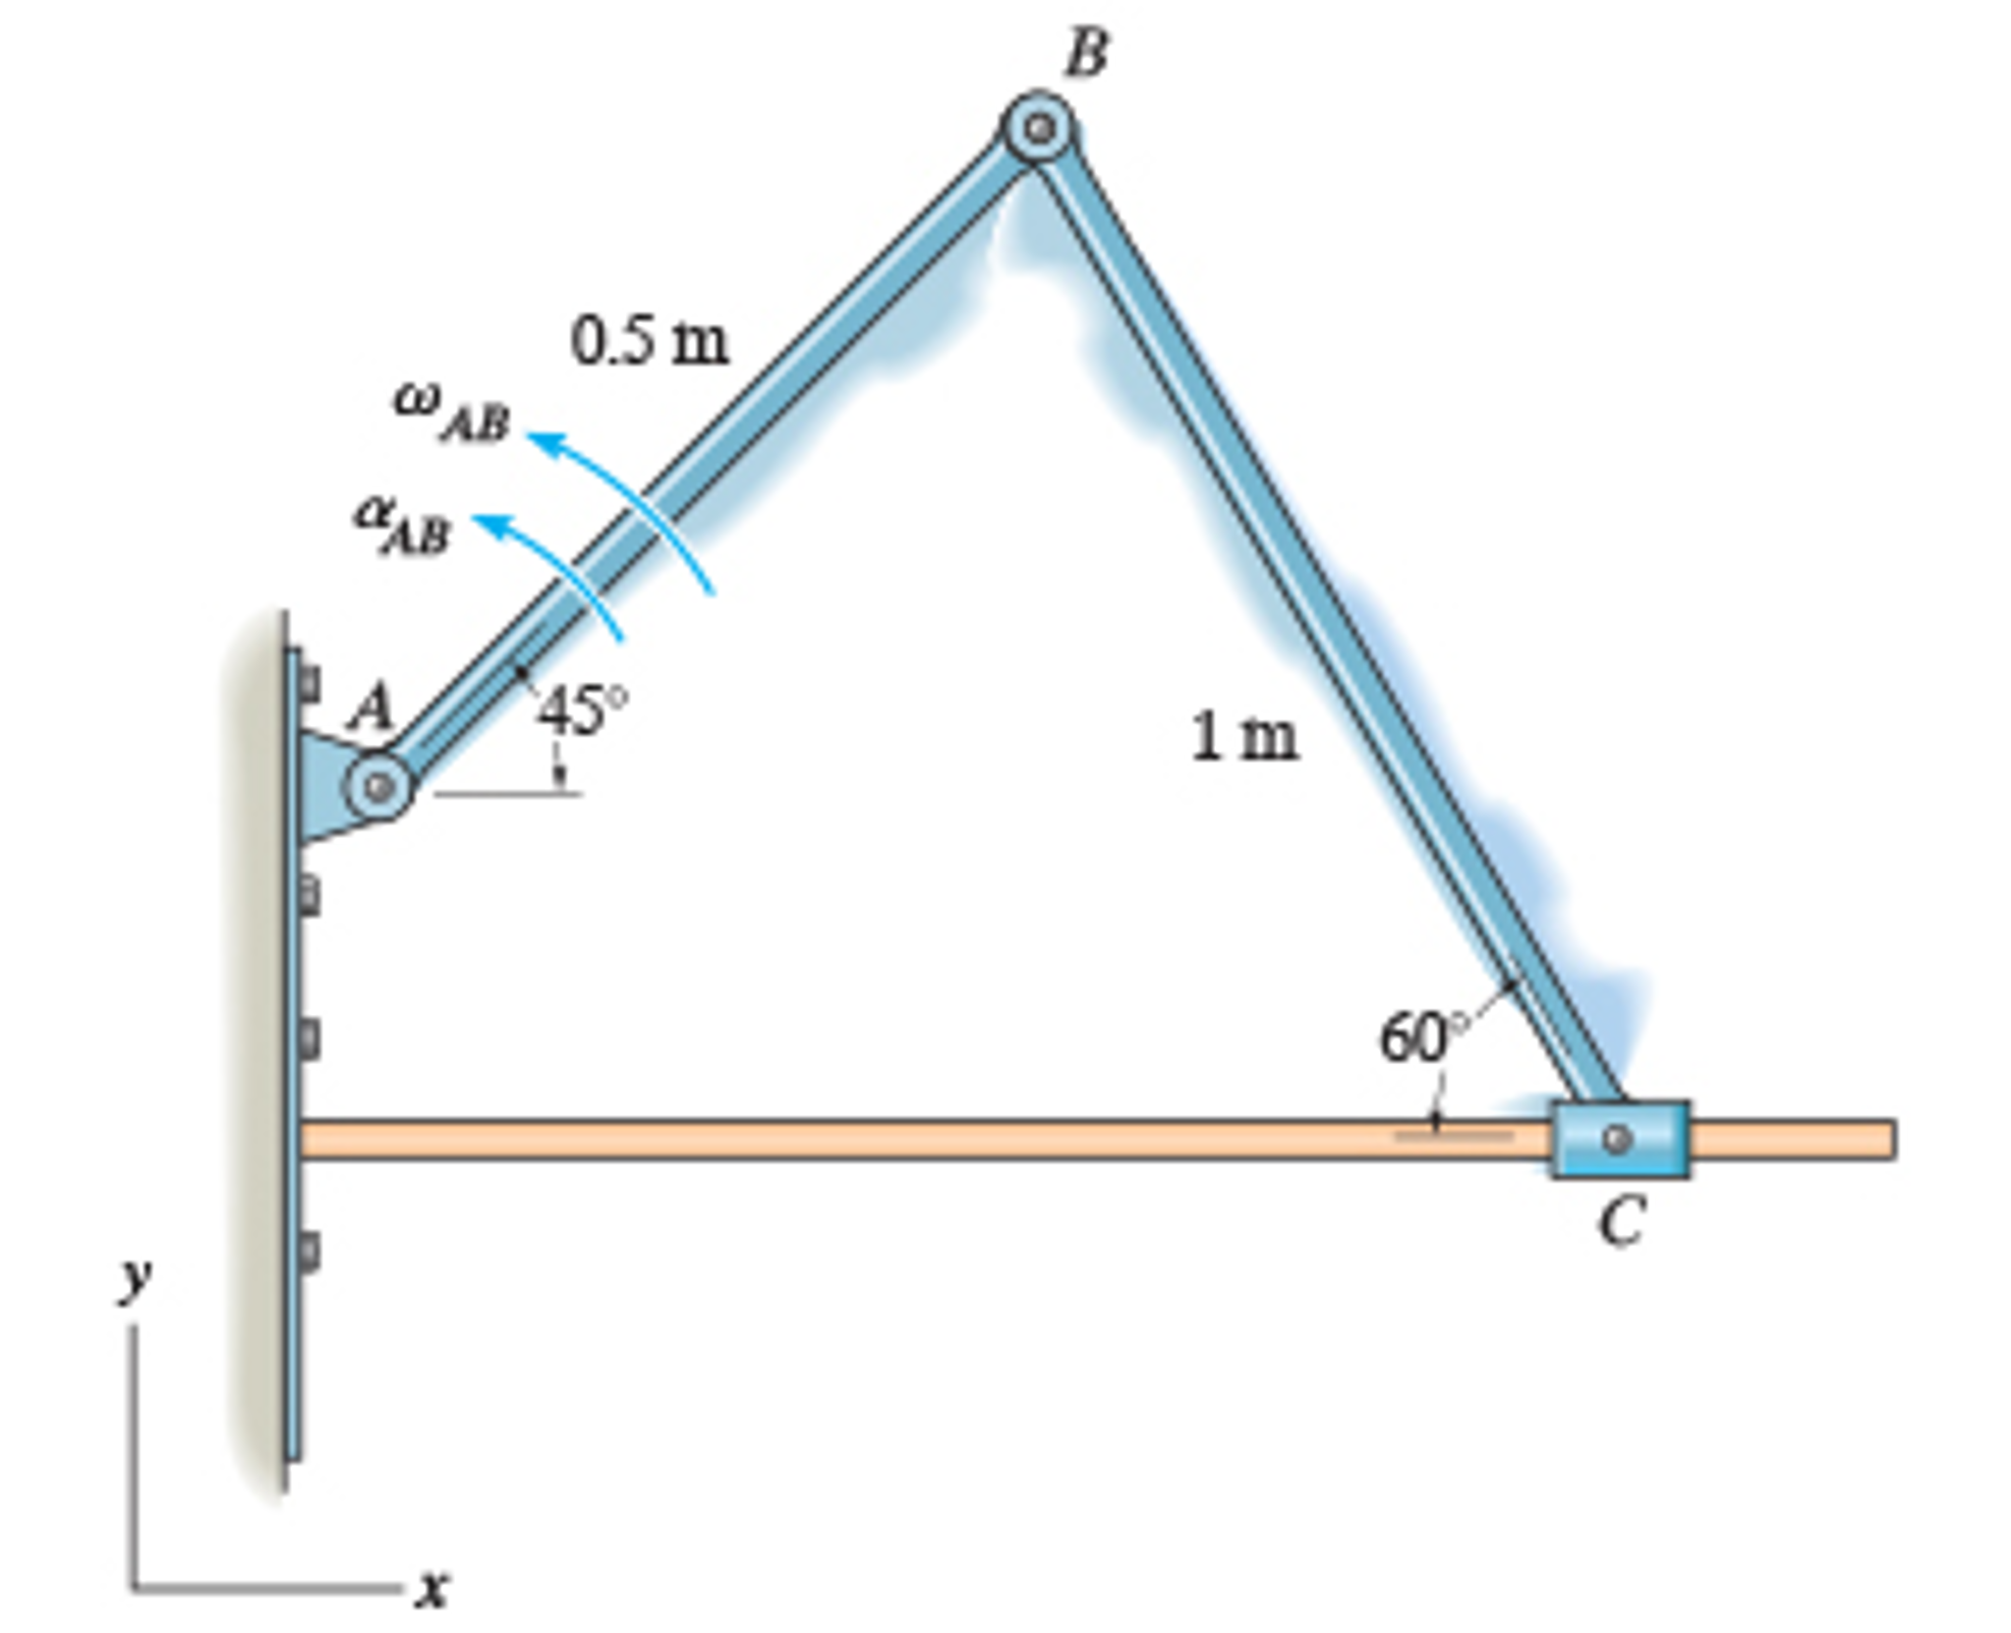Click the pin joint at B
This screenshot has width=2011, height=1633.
(x=1038, y=128)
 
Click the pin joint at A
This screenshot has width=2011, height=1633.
(x=378, y=786)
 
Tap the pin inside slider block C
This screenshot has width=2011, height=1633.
(x=1617, y=1139)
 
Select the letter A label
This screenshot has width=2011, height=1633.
(x=372, y=705)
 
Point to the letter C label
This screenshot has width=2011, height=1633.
(x=1620, y=1222)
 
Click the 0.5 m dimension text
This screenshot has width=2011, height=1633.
(x=650, y=341)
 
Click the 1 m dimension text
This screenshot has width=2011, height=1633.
(x=1243, y=737)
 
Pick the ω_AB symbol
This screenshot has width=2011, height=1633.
(x=452, y=411)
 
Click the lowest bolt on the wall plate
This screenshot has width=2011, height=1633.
(x=308, y=1252)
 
